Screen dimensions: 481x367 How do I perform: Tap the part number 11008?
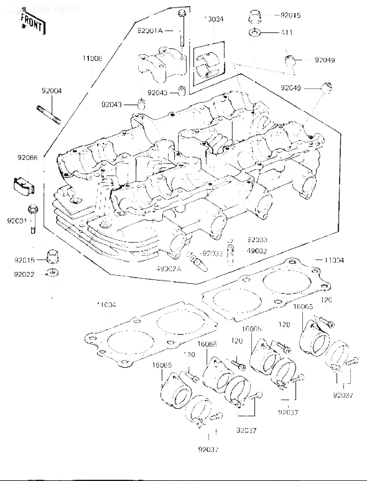click(92, 58)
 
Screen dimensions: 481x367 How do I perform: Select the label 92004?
click(52, 91)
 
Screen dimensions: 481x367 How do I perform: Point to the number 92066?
click(28, 157)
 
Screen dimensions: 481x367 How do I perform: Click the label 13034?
click(214, 19)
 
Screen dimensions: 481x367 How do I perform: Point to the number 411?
click(286, 32)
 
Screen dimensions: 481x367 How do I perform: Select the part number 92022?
click(24, 274)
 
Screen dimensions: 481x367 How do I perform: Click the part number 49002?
click(257, 251)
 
